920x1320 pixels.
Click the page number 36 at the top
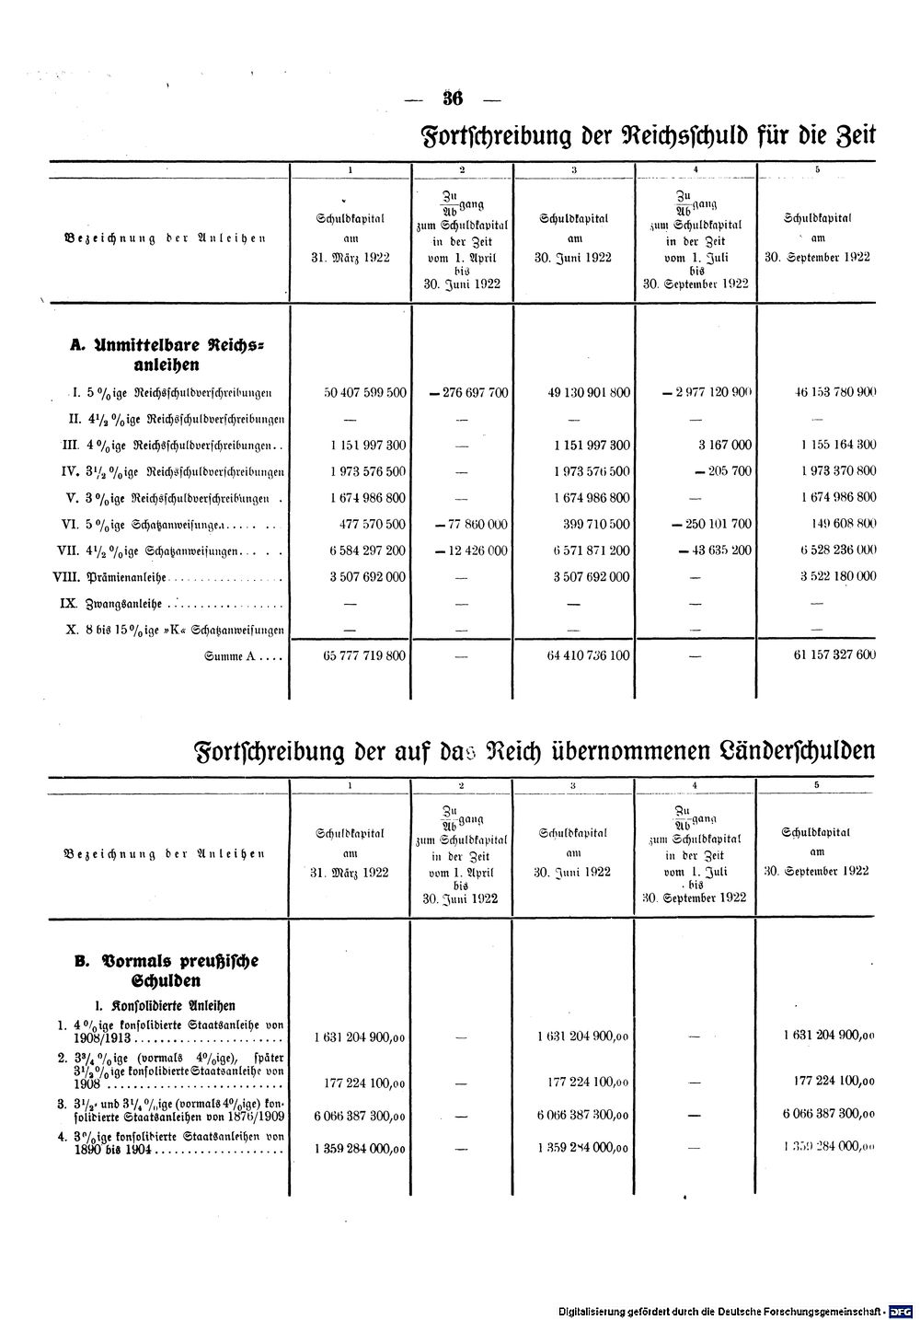tap(452, 99)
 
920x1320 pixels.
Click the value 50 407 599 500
tap(365, 392)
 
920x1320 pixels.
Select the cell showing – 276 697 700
tap(467, 392)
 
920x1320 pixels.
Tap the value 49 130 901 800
tap(589, 392)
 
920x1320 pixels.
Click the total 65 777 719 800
tap(365, 655)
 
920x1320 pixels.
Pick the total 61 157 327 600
tap(822, 655)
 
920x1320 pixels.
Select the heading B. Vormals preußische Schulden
tap(167, 969)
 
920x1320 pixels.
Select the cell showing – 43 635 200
tap(715, 550)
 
